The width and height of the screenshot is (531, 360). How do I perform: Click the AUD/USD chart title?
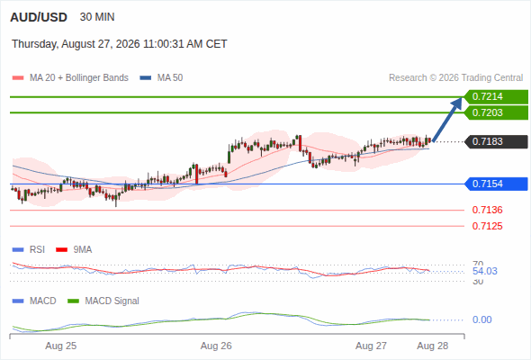[39, 17]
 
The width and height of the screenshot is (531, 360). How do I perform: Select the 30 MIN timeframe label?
[97, 17]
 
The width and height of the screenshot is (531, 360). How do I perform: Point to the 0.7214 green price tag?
[496, 97]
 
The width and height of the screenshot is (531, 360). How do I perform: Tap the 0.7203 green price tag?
[496, 112]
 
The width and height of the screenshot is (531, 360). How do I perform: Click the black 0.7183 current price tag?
[496, 141]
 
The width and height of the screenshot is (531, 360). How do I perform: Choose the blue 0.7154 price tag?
[496, 184]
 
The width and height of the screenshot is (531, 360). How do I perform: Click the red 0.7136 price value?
[487, 210]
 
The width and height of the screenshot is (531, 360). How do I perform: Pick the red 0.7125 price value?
[487, 226]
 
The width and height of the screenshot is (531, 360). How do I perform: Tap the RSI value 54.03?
[485, 271]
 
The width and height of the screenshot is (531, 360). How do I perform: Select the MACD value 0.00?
[481, 319]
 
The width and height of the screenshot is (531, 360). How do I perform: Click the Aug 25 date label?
[61, 346]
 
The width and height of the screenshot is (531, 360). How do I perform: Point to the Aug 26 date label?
[216, 346]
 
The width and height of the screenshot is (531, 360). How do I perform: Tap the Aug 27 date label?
[371, 346]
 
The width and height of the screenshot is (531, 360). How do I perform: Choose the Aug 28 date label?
[433, 346]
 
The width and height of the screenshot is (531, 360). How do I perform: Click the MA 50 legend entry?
[161, 78]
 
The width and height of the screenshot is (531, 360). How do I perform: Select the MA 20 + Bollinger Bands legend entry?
[70, 78]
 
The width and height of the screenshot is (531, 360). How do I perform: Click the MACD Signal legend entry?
[103, 301]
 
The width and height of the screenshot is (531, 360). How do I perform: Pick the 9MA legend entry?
[74, 249]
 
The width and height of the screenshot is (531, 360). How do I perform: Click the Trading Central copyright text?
[455, 78]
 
